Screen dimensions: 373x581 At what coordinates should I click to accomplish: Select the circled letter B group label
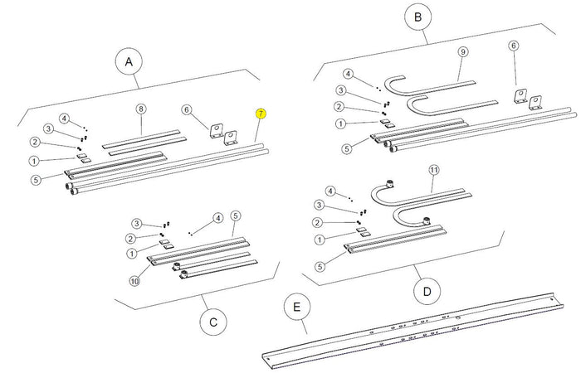417,17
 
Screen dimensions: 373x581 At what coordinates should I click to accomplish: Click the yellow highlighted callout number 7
261,114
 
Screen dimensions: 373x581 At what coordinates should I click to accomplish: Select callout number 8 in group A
141,109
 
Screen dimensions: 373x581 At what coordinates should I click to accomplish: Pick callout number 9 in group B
462,51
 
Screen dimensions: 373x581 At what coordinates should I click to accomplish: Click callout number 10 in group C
134,281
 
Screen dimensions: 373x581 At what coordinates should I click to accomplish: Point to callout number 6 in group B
513,46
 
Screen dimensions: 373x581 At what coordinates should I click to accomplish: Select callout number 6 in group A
187,109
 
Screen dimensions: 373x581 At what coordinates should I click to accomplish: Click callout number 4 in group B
349,73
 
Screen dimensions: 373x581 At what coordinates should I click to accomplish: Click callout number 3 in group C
135,224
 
